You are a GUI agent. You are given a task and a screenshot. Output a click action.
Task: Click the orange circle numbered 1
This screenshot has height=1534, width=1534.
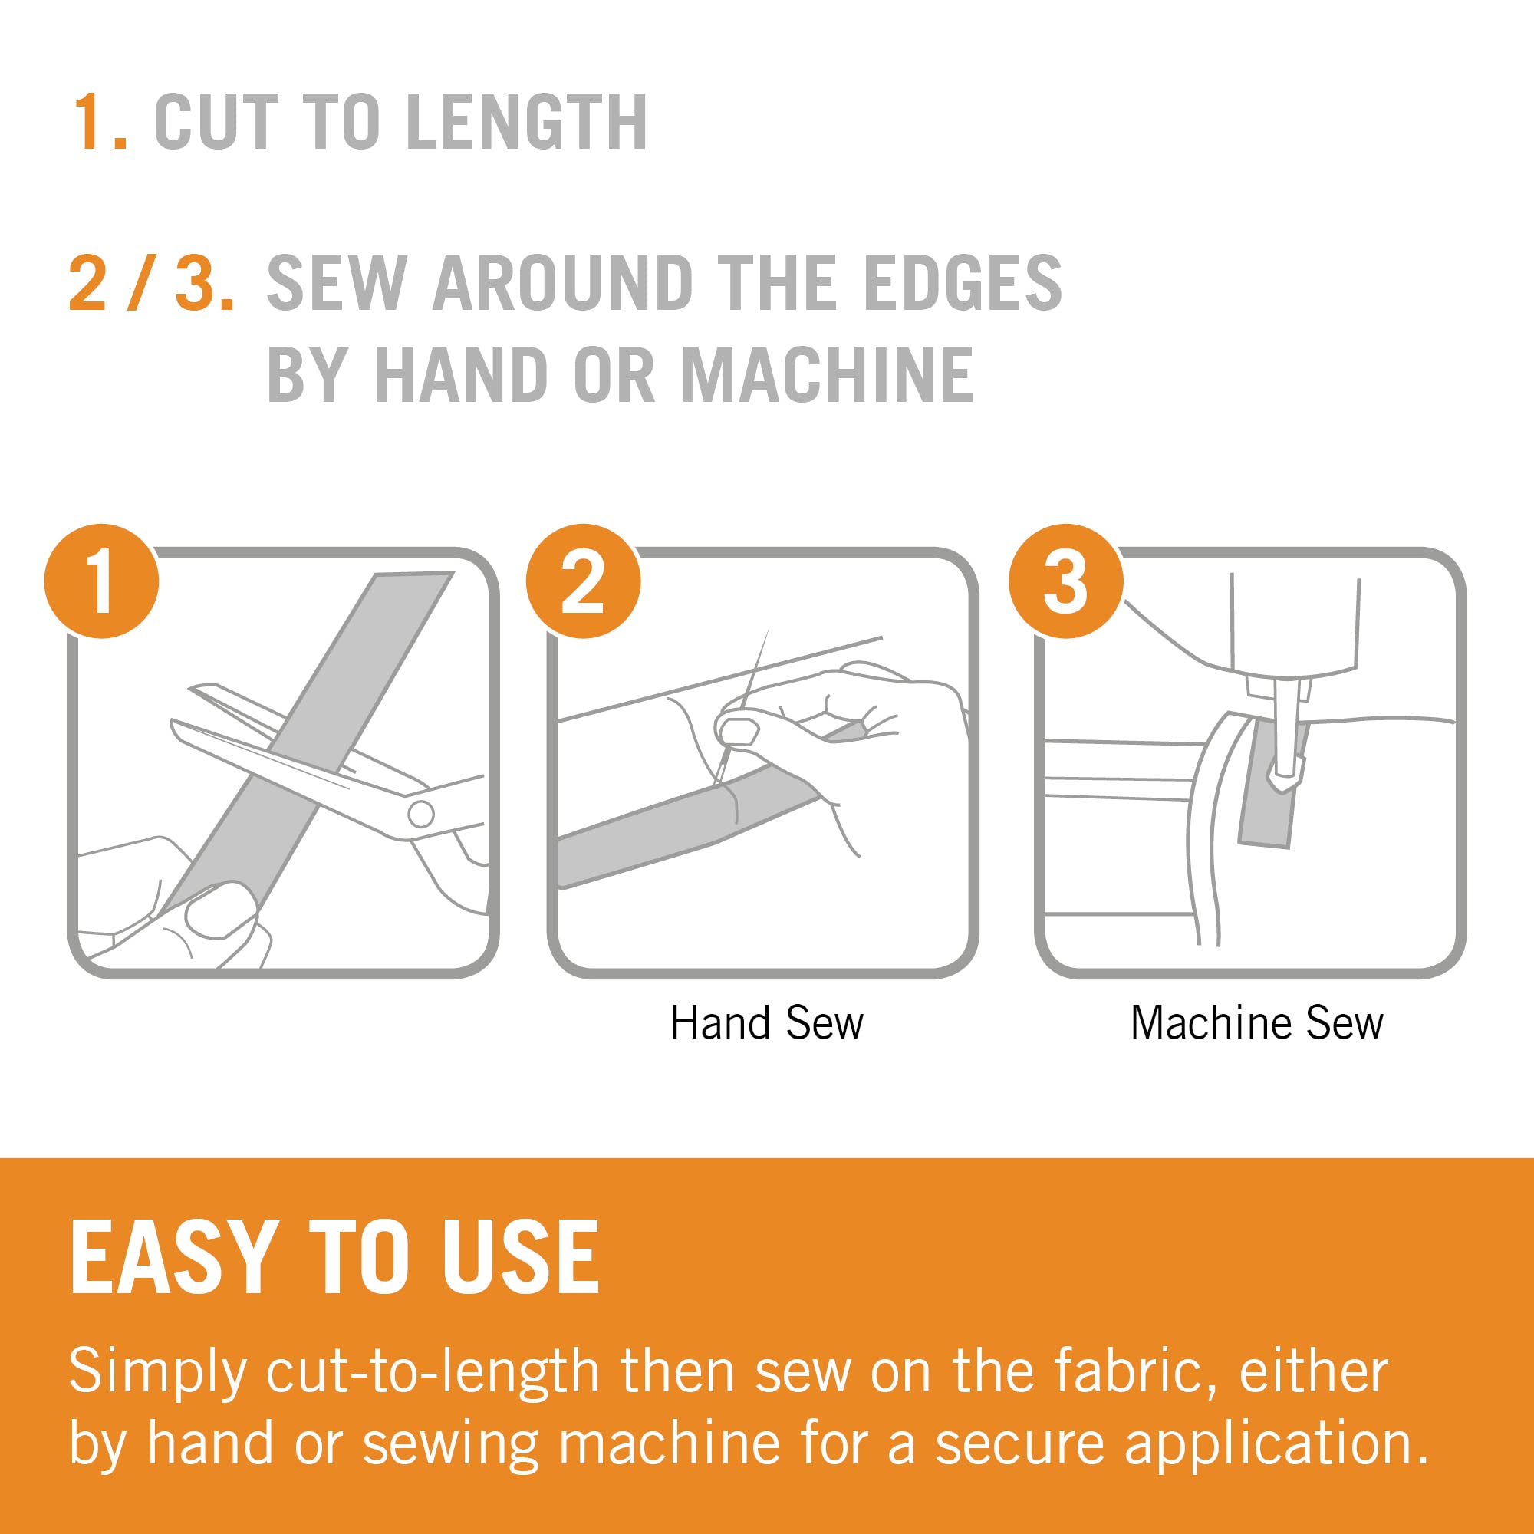pyautogui.click(x=102, y=581)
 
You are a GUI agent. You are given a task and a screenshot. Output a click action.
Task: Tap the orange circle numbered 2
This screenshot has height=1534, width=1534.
pyautogui.click(x=584, y=581)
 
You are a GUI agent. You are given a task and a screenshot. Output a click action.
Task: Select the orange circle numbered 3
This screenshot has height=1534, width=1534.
pyautogui.click(x=1066, y=581)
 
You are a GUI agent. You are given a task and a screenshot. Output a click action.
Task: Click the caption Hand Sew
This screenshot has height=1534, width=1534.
pyautogui.click(x=767, y=1022)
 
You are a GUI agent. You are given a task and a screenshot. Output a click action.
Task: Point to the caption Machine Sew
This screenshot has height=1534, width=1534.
pyautogui.click(x=1257, y=1022)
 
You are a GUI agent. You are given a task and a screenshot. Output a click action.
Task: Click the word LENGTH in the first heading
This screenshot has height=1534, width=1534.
pyautogui.click(x=527, y=121)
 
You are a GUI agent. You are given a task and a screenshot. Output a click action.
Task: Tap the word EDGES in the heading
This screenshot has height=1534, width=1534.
pyautogui.click(x=963, y=283)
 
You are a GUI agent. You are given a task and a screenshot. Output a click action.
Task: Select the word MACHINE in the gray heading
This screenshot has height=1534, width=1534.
pyautogui.click(x=828, y=375)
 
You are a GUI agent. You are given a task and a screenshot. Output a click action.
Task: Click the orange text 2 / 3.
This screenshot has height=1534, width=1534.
pyautogui.click(x=152, y=283)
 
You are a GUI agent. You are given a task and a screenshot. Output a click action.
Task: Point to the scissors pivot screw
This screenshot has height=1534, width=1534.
pyautogui.click(x=421, y=813)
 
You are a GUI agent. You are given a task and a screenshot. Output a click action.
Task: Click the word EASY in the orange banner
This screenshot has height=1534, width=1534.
pyautogui.click(x=175, y=1259)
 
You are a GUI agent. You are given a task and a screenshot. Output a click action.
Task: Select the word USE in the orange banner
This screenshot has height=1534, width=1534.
pyautogui.click(x=521, y=1259)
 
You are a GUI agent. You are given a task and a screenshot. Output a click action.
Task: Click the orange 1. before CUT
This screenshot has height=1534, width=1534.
pyautogui.click(x=100, y=121)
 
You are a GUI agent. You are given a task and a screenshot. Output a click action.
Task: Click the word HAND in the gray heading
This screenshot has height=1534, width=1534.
pyautogui.click(x=460, y=375)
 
